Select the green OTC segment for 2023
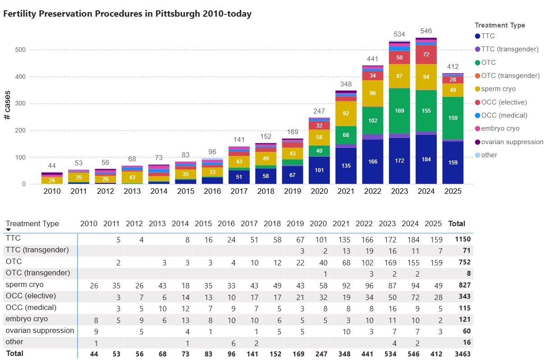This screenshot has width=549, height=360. [399, 110]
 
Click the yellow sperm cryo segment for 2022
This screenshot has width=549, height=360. [372, 93]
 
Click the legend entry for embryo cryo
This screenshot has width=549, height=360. [500, 128]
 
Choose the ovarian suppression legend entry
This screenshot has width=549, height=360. [512, 142]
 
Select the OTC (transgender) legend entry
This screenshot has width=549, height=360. [510, 76]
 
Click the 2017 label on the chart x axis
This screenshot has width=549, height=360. [238, 191]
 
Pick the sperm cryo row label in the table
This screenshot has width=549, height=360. [25, 285]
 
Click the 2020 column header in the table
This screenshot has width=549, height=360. [318, 223]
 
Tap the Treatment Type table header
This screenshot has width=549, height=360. [32, 223]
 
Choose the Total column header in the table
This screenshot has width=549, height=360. [457, 223]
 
